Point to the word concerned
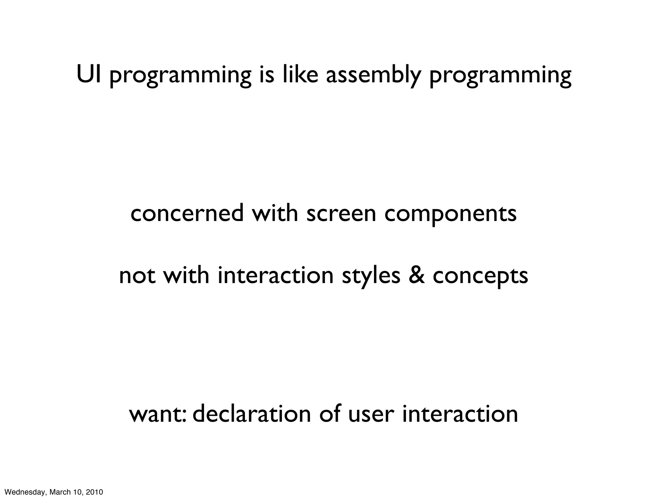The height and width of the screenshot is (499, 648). coord(187,213)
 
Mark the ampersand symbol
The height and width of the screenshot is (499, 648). coord(417,275)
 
